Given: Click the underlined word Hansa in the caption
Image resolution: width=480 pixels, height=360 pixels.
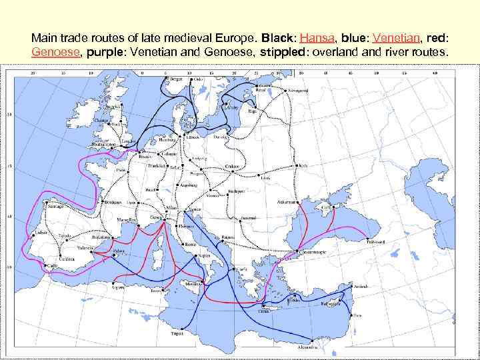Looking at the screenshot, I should pyautogui.click(x=317, y=38).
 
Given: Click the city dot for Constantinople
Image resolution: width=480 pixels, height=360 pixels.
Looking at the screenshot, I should pyautogui.click(x=289, y=253).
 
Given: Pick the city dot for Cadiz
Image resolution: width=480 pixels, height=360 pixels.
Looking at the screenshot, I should pyautogui.click(x=48, y=266).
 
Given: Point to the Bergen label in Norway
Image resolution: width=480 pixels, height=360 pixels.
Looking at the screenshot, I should pyautogui.click(x=176, y=79).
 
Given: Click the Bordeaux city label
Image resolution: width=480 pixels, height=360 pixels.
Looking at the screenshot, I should pyautogui.click(x=113, y=202).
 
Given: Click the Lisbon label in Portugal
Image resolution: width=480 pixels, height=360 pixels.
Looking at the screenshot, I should pyautogui.click(x=41, y=232).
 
